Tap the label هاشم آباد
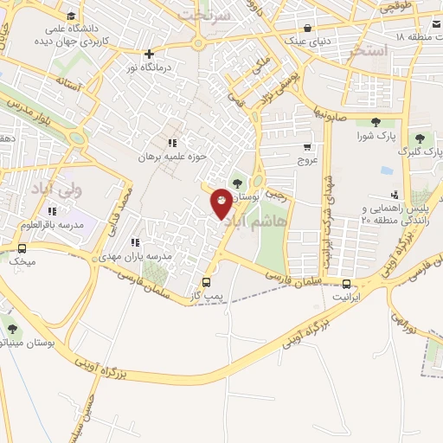pyautogui.click(x=256, y=223)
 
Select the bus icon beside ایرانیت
pyautogui.click(x=347, y=284)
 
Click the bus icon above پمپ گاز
pyautogui.click(x=206, y=281)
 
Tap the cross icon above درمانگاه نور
pyautogui.click(x=151, y=54)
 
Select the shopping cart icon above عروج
pyautogui.click(x=309, y=147)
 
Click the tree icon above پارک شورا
pyautogui.click(x=375, y=123)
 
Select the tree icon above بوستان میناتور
pyautogui.click(x=11, y=329)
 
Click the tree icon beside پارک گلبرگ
pyautogui.click(x=419, y=138)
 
